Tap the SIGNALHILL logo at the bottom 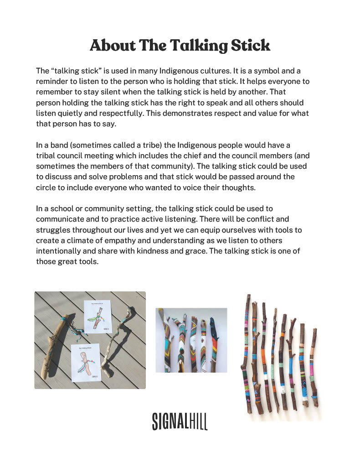(x=180, y=421)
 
